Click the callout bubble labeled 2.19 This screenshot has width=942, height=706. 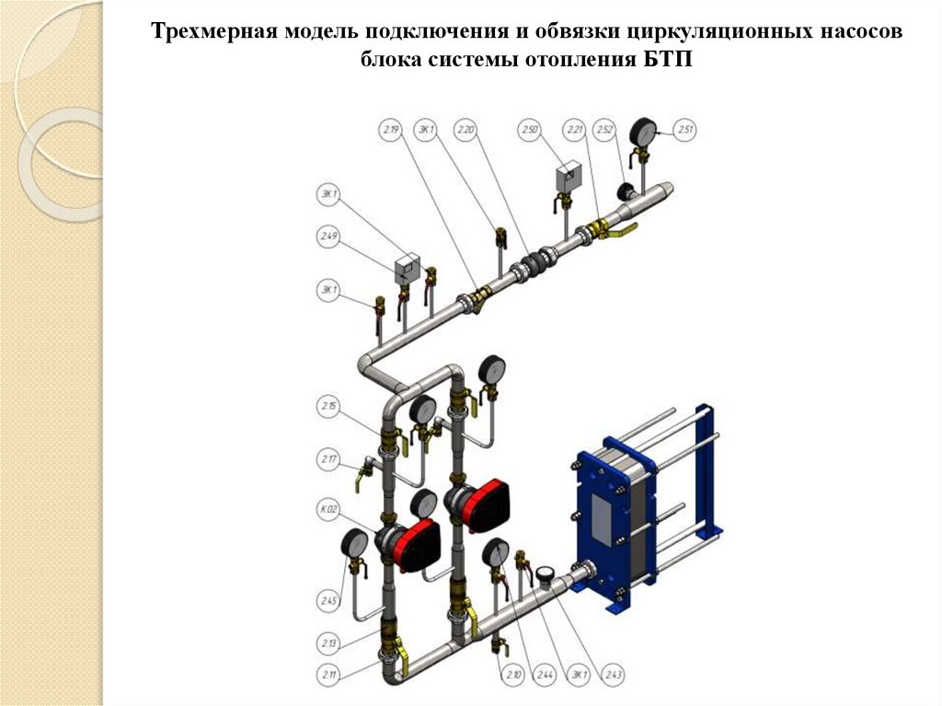coord(391,131)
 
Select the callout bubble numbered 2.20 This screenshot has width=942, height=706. coord(465,131)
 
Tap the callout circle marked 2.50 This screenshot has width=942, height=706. coord(528,131)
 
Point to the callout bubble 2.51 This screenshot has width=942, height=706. coord(685,131)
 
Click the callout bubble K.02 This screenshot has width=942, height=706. coord(329,509)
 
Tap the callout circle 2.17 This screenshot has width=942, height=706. coord(329,457)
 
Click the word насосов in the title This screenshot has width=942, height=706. coord(861,32)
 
